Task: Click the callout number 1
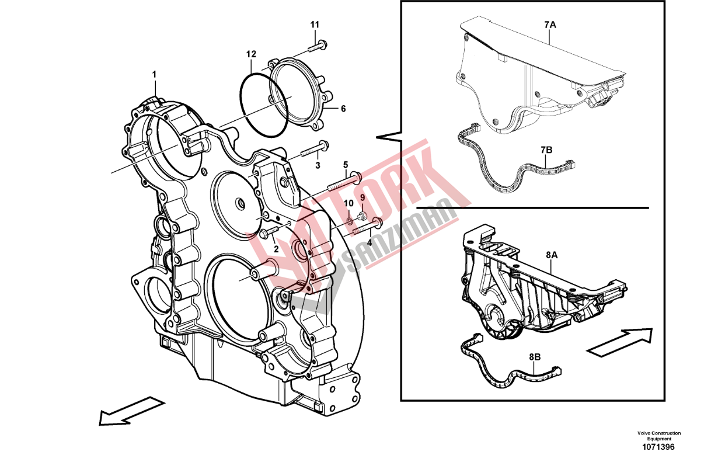(x=155, y=74)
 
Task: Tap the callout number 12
(x=251, y=54)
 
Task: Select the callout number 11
(x=315, y=25)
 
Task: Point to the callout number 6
(x=343, y=109)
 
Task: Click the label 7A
(x=550, y=26)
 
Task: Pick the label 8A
(x=552, y=255)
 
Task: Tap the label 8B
(x=535, y=356)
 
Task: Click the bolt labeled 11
(x=318, y=45)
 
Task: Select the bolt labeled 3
(x=315, y=150)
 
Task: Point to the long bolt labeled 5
(x=341, y=182)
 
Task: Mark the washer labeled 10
(x=348, y=221)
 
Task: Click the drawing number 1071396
(x=658, y=447)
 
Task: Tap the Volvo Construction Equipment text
(x=658, y=436)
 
